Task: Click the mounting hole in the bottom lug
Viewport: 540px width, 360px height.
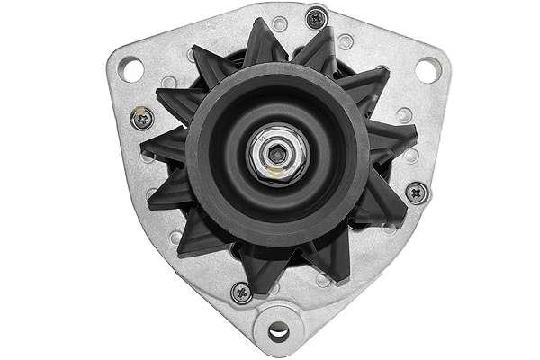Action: point(278,331)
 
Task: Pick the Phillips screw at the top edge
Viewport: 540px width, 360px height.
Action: point(317,17)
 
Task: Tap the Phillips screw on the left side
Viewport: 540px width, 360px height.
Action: point(142,117)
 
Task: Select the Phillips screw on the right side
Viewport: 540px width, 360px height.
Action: point(416,192)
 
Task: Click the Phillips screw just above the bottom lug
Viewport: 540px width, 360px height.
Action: point(241,292)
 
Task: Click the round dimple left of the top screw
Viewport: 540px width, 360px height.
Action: point(280,24)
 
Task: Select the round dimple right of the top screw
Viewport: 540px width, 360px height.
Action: point(346,40)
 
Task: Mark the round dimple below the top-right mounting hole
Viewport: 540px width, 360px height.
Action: point(405,114)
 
